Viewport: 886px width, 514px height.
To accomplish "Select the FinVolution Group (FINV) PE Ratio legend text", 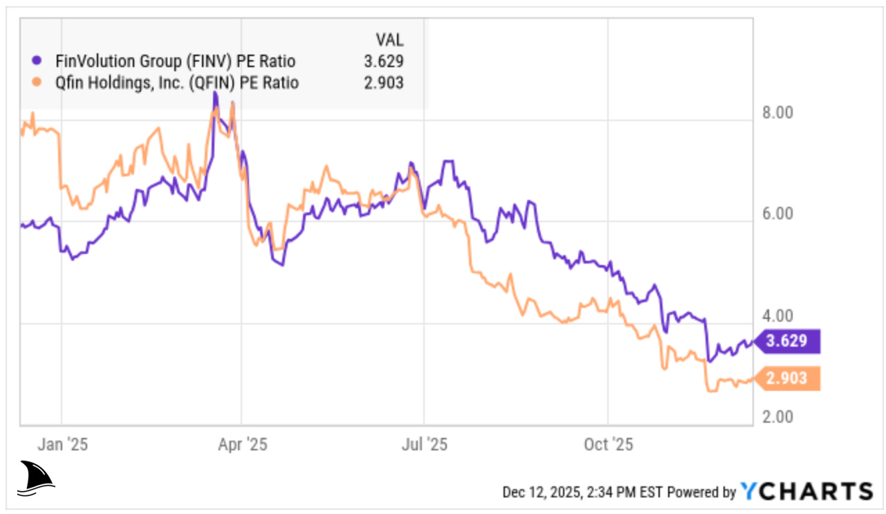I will coord(176,61).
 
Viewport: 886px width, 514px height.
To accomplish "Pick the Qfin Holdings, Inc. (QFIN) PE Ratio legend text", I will coord(176,83).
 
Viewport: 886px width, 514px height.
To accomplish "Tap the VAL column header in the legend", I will coord(389,39).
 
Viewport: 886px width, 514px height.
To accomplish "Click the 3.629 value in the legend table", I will coord(384,61).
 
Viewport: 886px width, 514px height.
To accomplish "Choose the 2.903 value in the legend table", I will coord(384,83).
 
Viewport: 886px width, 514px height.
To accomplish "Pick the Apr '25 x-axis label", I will coord(241,443).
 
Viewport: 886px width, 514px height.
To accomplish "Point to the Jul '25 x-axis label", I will coord(423,443).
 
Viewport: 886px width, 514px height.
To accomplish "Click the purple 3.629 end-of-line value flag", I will coord(788,342).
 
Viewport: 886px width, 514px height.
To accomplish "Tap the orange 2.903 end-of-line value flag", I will coord(788,379).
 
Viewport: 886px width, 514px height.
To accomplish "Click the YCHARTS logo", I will coord(806,491).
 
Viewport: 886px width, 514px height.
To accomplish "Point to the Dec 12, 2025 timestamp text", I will coord(582,492).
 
